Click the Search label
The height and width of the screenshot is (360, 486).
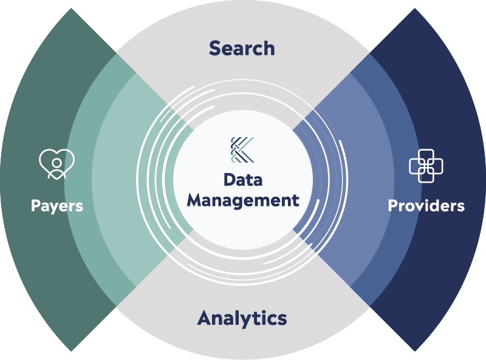coord(242,49)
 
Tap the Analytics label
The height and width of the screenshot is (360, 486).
coord(242,318)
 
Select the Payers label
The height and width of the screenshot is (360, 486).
coord(57,206)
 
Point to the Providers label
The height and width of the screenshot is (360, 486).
coord(426,206)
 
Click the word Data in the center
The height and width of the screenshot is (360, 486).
coord(242,180)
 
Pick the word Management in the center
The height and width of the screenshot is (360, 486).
coord(242,200)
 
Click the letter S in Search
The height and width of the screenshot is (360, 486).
coord(214,49)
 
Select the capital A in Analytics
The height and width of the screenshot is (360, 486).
coord(205,318)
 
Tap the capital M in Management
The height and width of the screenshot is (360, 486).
coord(195,200)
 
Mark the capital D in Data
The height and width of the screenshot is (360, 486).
coord(229,180)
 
